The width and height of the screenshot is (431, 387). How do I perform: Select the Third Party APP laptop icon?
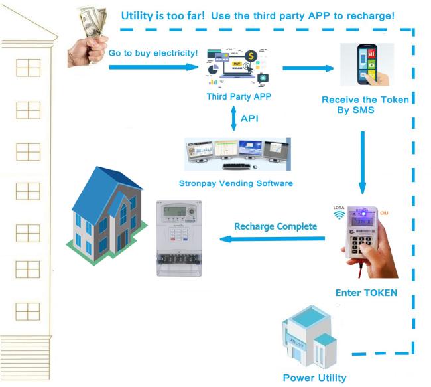coord(229,66)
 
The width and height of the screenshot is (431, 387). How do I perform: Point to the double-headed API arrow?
coord(233,119)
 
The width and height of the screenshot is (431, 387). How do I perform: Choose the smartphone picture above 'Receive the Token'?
coord(366,64)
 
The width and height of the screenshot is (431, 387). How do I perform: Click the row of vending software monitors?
coord(237,154)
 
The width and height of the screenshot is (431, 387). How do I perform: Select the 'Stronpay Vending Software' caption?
coord(236,183)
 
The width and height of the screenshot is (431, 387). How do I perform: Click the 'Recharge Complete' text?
coord(275,227)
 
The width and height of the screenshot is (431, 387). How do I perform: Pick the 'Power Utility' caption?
coord(314,378)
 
